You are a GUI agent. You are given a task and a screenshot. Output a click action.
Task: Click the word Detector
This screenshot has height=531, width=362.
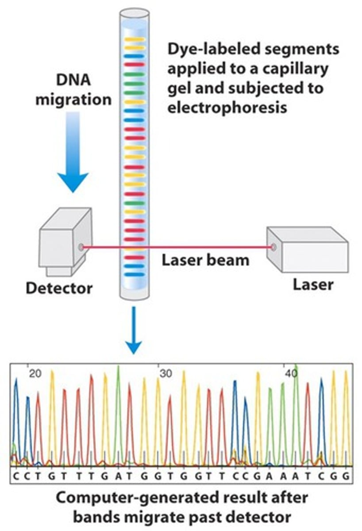point(59,288)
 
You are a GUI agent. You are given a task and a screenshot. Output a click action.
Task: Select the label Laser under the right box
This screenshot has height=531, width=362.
point(313,284)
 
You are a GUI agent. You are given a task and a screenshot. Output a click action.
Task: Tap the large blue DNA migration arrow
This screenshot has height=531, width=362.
point(73,150)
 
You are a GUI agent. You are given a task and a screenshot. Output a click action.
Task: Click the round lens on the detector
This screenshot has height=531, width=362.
point(81,247)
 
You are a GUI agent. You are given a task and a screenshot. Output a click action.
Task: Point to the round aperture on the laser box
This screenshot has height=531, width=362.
point(274,247)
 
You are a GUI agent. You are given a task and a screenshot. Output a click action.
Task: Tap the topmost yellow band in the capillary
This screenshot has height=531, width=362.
point(135,39)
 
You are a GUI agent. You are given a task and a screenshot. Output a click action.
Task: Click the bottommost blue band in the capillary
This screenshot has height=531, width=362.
point(135,274)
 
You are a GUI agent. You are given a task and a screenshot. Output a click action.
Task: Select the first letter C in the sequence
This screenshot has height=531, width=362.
point(16,476)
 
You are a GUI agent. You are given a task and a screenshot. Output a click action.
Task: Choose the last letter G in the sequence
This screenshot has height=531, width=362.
point(347,476)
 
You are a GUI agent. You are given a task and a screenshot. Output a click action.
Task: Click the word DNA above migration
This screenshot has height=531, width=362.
point(73,81)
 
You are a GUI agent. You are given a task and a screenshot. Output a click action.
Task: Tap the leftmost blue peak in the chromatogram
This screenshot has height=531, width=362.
point(16,398)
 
